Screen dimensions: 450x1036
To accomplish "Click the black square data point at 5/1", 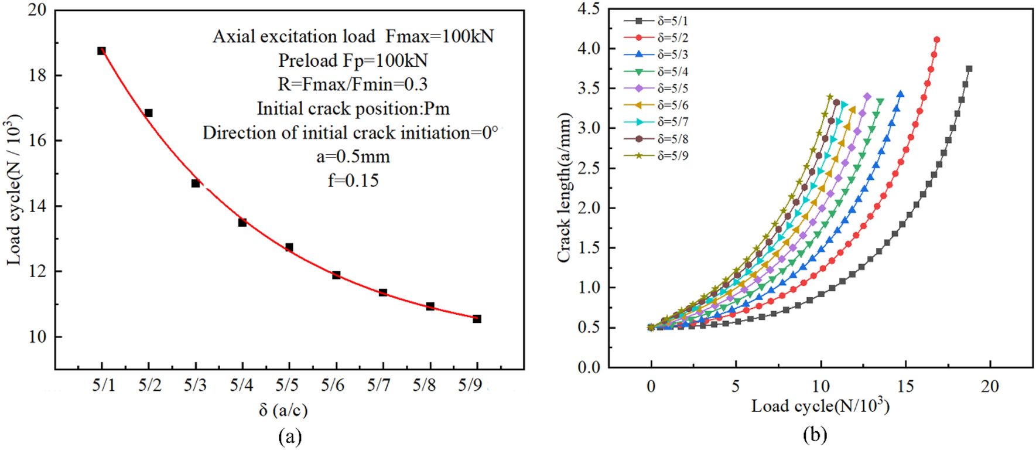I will (101, 51).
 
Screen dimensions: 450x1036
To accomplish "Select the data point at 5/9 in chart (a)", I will (477, 319).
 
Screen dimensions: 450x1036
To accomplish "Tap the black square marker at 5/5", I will (289, 247).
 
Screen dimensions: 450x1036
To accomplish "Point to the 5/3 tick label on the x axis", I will (195, 385).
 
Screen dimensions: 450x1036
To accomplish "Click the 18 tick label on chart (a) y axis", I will (37, 76).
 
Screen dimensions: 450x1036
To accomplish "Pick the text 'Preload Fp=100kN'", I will (353, 60).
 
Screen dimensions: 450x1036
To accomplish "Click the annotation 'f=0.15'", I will (353, 180).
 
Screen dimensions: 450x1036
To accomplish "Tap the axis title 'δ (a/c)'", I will (283, 410).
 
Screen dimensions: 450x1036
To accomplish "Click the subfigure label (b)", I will (815, 434).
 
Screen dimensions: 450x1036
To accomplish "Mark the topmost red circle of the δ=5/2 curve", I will (936, 40).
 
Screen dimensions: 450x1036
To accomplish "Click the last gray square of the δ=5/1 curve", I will (969, 69).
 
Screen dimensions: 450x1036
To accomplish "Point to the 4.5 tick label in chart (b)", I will (589, 9).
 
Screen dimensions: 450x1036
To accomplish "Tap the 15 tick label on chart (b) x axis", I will (905, 386).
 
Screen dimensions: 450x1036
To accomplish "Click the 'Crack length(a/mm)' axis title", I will (563, 187).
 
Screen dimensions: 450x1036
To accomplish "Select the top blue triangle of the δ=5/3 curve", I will (900, 94).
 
